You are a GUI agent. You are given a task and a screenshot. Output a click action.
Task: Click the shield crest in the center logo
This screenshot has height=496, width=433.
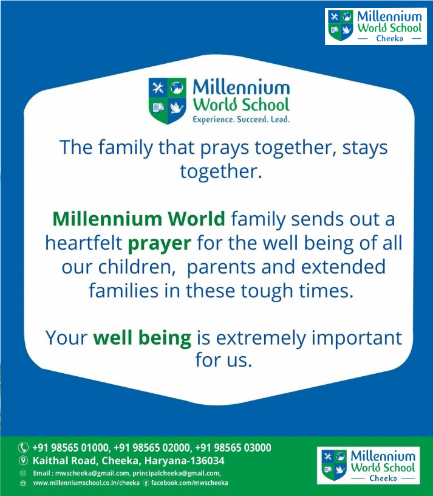coord(168,101)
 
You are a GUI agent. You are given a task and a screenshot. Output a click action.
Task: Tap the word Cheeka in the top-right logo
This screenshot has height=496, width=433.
coord(389,38)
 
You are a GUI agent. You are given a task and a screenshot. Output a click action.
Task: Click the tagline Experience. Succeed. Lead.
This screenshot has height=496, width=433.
coord(241,120)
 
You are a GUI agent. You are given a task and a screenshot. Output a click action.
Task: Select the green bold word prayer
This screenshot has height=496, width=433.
coord(159,244)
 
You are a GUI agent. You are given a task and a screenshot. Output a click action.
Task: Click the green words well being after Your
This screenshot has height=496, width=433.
coord(142,338)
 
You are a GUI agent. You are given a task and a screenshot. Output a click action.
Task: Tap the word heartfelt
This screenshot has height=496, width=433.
coord(84,243)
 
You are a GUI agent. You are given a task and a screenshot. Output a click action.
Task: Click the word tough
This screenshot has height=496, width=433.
coord(267,291)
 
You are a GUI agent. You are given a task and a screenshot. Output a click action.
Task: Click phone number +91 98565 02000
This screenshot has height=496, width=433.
coord(152,447)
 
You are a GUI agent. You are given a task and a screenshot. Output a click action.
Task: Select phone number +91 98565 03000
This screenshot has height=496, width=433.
coord(233,447)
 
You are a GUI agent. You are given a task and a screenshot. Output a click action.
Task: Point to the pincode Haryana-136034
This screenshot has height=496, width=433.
coord(184,461)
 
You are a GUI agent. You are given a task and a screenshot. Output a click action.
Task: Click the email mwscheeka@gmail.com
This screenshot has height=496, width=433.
coord(92,474)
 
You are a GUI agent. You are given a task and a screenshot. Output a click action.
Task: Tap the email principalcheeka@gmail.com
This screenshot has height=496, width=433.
coord(176,474)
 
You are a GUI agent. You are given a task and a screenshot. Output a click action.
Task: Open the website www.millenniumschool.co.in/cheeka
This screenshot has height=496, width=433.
coord(86,483)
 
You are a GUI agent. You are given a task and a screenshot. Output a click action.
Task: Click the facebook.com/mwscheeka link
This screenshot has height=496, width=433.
coord(189,483)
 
